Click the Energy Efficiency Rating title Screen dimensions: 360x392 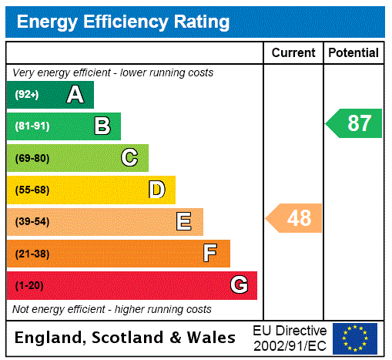(123, 22)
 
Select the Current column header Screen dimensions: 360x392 (293, 53)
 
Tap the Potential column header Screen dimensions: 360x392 (353, 53)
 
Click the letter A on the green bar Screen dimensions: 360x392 (75, 95)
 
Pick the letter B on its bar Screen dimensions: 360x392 (102, 126)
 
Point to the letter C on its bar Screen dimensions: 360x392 (129, 158)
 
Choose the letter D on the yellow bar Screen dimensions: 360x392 (157, 190)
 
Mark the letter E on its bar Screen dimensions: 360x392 (184, 222)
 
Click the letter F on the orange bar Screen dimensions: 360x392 (210, 253)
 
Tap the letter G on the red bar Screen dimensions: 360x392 (240, 285)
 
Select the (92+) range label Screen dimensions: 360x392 (27, 95)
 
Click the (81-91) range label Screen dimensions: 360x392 (32, 126)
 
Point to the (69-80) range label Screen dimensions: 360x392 (32, 159)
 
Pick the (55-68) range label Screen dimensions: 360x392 (32, 190)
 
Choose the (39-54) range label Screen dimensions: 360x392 (32, 222)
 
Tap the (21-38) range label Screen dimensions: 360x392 (32, 254)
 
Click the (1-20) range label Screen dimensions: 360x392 (29, 286)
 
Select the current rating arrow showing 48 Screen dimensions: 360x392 (295, 218)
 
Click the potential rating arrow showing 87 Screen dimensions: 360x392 (355, 123)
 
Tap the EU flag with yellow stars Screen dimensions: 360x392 (355, 338)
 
